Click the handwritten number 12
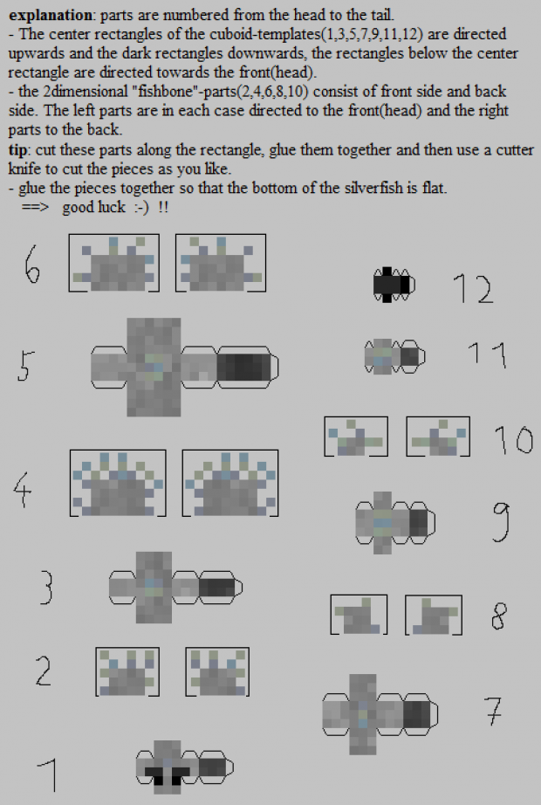[x=473, y=288]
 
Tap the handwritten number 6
[x=31, y=264]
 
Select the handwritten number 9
[x=501, y=521]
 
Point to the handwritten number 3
[x=45, y=588]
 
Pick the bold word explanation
[x=51, y=15]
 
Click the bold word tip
[x=17, y=150]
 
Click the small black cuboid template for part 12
[x=394, y=285]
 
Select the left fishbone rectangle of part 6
[x=114, y=263]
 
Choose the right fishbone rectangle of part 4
[x=230, y=483]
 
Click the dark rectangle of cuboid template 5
[x=243, y=367]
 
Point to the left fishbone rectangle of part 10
[x=356, y=437]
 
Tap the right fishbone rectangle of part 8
[x=434, y=615]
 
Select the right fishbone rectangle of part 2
[x=217, y=672]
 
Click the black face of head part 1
[x=168, y=774]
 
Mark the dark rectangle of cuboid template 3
[x=216, y=588]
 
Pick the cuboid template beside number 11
[x=394, y=356]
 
